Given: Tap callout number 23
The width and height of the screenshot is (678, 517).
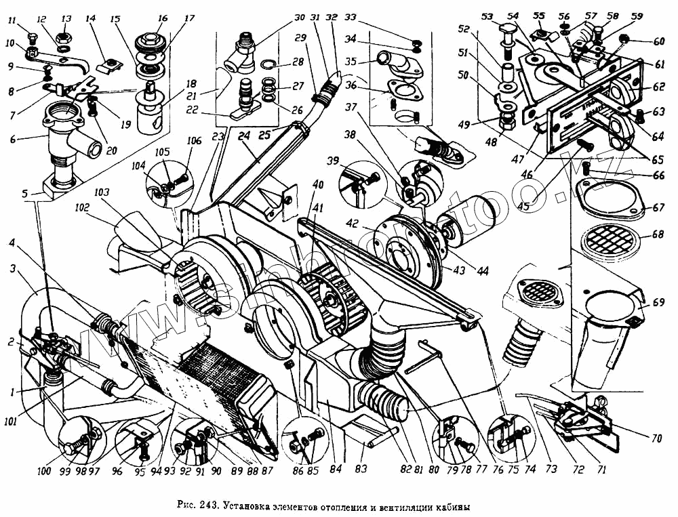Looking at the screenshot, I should point(217,136).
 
